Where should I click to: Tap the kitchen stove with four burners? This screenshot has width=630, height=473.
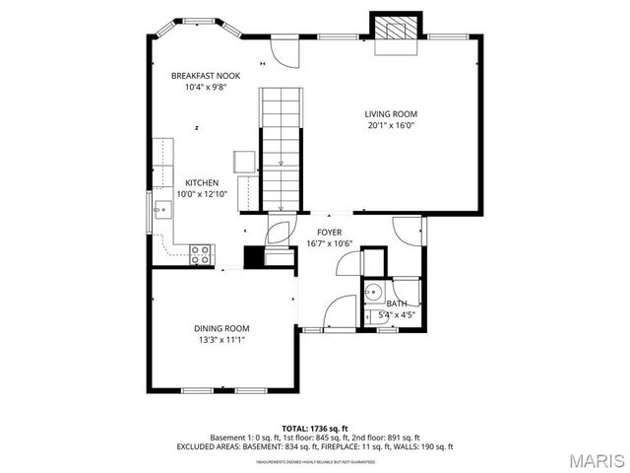(201, 253)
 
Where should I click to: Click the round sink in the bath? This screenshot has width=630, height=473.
(373, 293)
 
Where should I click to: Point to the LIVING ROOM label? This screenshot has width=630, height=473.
(391, 113)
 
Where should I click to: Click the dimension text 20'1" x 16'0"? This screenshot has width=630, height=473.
(391, 125)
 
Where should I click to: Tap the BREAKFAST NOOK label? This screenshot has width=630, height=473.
(205, 76)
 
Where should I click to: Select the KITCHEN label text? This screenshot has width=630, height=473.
(202, 183)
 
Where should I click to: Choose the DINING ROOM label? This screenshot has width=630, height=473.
(220, 328)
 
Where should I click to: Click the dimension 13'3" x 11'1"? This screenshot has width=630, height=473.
(220, 340)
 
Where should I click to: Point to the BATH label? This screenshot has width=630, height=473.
(397, 304)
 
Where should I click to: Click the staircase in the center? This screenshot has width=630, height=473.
(281, 148)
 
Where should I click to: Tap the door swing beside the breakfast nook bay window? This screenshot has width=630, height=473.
(284, 52)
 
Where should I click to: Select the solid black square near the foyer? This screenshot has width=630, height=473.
(253, 257)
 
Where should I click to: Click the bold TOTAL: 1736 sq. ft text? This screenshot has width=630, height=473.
(314, 429)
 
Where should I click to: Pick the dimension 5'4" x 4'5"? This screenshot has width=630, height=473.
(397, 315)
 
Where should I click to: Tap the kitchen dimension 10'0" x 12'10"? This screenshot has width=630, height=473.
(202, 195)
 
